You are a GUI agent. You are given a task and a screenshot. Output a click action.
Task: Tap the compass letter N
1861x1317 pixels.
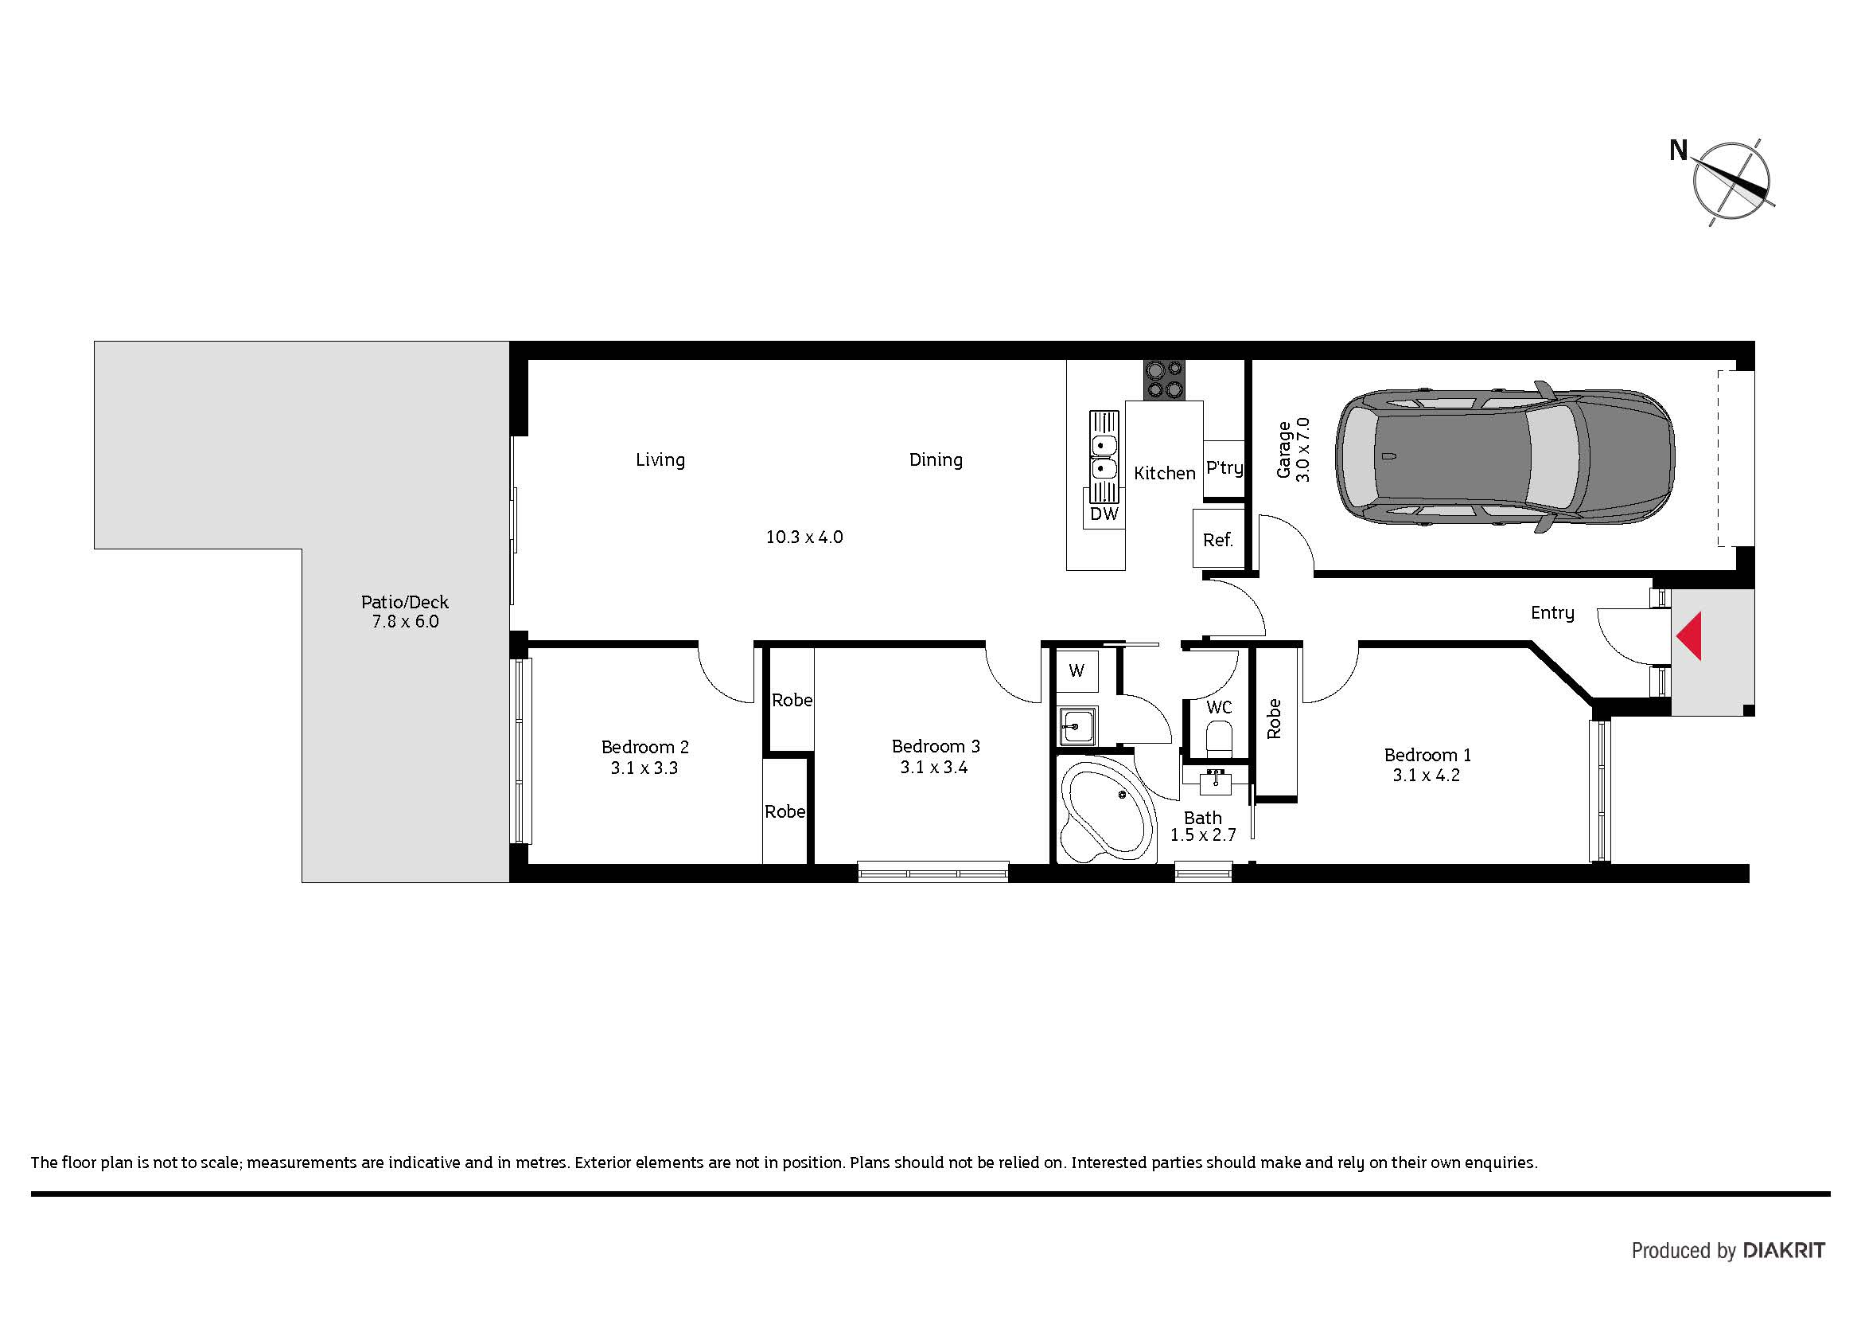pyautogui.click(x=1678, y=150)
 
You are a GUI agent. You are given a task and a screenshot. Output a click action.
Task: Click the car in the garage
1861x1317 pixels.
pyautogui.click(x=1505, y=457)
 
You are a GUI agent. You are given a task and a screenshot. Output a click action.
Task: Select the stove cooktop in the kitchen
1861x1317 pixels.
pyautogui.click(x=1164, y=381)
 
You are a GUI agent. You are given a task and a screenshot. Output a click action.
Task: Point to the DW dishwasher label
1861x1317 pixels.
pyautogui.click(x=1104, y=514)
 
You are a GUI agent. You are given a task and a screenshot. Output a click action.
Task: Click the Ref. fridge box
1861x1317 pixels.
pyautogui.click(x=1218, y=538)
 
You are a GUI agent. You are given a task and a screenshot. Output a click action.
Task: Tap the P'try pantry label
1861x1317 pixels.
pyautogui.click(x=1224, y=468)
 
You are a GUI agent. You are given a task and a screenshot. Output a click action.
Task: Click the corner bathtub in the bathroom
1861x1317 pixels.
pyautogui.click(x=1107, y=811)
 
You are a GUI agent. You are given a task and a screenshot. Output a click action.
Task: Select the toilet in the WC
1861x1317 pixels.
pyautogui.click(x=1219, y=740)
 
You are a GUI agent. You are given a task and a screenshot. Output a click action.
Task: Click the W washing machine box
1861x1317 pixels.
pyautogui.click(x=1077, y=670)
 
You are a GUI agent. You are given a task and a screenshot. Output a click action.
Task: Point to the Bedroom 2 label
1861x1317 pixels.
pyautogui.click(x=645, y=747)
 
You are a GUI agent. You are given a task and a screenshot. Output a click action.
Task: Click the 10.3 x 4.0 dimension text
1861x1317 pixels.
pyautogui.click(x=804, y=537)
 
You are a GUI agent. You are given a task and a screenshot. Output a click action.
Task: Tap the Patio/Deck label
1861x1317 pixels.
pyautogui.click(x=404, y=602)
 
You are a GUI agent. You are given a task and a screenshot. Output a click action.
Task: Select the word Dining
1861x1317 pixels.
pyautogui.click(x=936, y=459)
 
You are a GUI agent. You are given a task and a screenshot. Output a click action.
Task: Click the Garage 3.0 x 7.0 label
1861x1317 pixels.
pyautogui.click(x=1293, y=450)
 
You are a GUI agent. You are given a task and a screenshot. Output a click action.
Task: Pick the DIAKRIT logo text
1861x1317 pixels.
pyautogui.click(x=1784, y=1250)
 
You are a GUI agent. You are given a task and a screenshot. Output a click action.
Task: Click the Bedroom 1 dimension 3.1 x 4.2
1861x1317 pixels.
pyautogui.click(x=1427, y=776)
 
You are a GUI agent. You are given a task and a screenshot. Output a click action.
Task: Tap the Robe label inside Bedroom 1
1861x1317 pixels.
pyautogui.click(x=1274, y=718)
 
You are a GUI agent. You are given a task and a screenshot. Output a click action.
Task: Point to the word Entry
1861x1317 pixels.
pyautogui.click(x=1553, y=613)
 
